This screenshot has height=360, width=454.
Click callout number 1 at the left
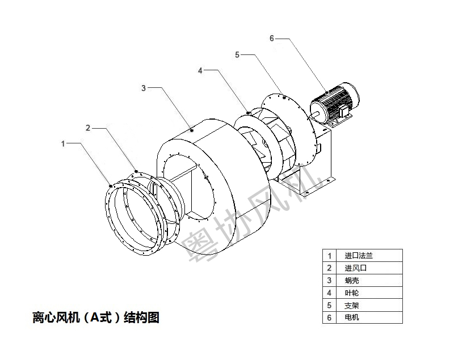64,143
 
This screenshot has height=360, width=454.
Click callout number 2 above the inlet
88,128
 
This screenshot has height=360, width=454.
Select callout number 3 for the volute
144,88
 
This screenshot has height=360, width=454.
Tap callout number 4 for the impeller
200,70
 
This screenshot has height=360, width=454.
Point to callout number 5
237,54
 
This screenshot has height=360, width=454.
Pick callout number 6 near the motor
271,38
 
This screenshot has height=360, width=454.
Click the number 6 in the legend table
329,317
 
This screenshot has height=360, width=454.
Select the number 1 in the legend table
329,256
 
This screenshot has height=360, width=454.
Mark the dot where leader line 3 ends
192,130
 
